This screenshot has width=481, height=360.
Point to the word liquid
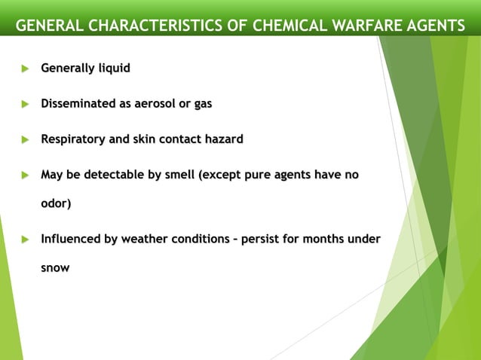(112, 69)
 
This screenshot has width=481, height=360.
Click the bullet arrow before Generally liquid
(23, 69)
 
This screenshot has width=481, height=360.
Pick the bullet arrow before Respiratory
(23, 140)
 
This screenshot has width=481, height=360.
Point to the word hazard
(222, 139)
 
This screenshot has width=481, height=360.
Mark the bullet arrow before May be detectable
(23, 175)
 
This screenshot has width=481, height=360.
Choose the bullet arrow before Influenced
(23, 240)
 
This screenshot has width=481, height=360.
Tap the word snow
(54, 268)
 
